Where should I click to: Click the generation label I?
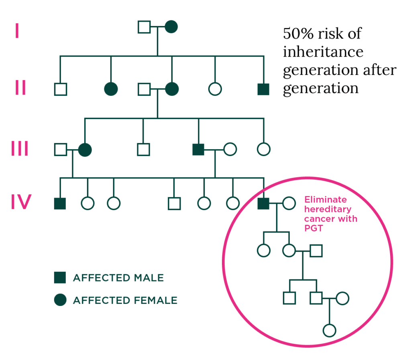[17, 31]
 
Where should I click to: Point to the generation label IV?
[21, 203]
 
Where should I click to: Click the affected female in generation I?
[171, 27]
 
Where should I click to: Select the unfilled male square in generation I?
[144, 27]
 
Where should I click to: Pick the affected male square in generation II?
[263, 89]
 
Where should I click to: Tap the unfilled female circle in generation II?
[215, 89]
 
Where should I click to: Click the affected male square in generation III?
[198, 150]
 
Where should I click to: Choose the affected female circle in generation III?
[85, 150]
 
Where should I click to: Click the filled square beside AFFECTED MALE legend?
[60, 277]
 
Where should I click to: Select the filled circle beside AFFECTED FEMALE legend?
[60, 300]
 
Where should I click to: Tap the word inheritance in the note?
[323, 53]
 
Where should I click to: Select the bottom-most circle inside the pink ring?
[329, 330]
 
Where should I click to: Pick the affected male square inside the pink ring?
[263, 203]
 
